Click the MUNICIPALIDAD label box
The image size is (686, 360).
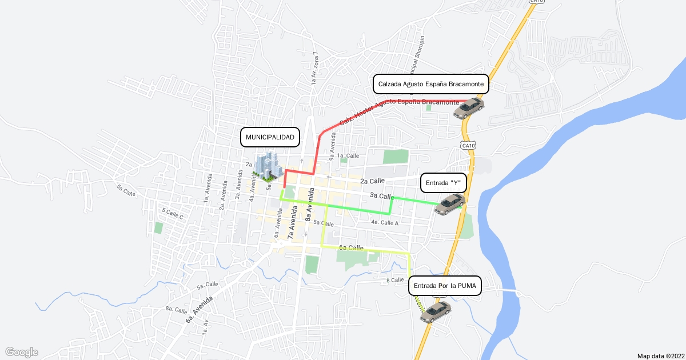point(270,137)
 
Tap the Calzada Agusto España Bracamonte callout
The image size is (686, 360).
point(432,84)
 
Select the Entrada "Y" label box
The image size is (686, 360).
point(443,183)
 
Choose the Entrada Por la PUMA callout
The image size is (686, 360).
point(445,285)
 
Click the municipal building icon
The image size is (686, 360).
point(268,166)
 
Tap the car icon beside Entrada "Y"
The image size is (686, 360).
point(450,203)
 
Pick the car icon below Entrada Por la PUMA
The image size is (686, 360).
point(436,311)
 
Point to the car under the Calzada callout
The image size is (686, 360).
point(469,107)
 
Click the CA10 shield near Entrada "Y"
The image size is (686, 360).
point(468,146)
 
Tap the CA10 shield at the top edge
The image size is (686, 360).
point(535,2)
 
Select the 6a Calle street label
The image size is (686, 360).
point(351,248)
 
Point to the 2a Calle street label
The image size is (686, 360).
point(373,181)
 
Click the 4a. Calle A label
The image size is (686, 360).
point(384,222)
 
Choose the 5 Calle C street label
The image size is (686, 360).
point(172,214)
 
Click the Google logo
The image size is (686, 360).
point(21,352)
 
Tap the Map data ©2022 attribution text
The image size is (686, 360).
point(660,355)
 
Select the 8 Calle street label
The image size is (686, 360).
point(395,280)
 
